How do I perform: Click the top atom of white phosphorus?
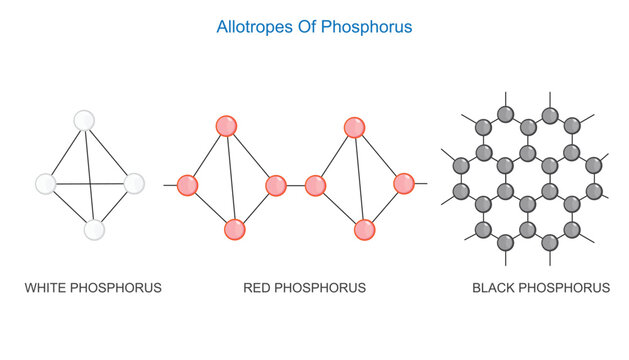click(85, 120)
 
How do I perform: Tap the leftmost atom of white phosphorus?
click(45, 184)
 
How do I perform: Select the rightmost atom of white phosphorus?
click(134, 184)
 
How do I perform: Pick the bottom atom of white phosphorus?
click(94, 230)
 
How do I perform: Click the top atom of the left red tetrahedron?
click(226, 126)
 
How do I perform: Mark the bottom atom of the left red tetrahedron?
click(235, 229)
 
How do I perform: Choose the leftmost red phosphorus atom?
click(187, 185)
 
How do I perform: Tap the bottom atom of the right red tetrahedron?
click(364, 229)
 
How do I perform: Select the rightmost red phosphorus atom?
click(404, 184)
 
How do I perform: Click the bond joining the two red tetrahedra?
click(295, 185)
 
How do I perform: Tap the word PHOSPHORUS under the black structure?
click(567, 288)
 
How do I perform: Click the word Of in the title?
click(304, 28)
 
